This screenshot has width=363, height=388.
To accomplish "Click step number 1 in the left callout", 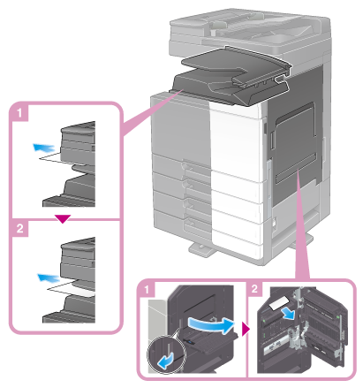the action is (x=19, y=112).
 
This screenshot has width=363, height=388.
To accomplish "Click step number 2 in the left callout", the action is (x=20, y=228).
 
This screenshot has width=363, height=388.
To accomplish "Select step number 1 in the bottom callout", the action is (x=147, y=290).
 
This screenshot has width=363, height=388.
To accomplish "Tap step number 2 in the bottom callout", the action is (x=255, y=288).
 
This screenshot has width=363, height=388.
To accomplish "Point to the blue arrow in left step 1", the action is (x=43, y=147).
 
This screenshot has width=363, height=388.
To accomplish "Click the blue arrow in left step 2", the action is (x=49, y=278).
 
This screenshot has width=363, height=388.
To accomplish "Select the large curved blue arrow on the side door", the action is (x=211, y=324).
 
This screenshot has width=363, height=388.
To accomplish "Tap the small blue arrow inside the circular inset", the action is (x=166, y=361).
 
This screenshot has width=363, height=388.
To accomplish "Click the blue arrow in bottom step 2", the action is (x=288, y=313).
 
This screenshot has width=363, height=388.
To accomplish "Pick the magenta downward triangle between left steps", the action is (x=63, y=218).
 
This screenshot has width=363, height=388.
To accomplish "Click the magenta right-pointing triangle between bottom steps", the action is (x=246, y=329).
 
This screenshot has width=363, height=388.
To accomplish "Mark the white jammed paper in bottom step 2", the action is (x=278, y=303).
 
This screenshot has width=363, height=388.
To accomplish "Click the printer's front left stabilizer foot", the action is (x=202, y=249).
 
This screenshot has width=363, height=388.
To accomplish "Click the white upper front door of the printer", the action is (x=236, y=139).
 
